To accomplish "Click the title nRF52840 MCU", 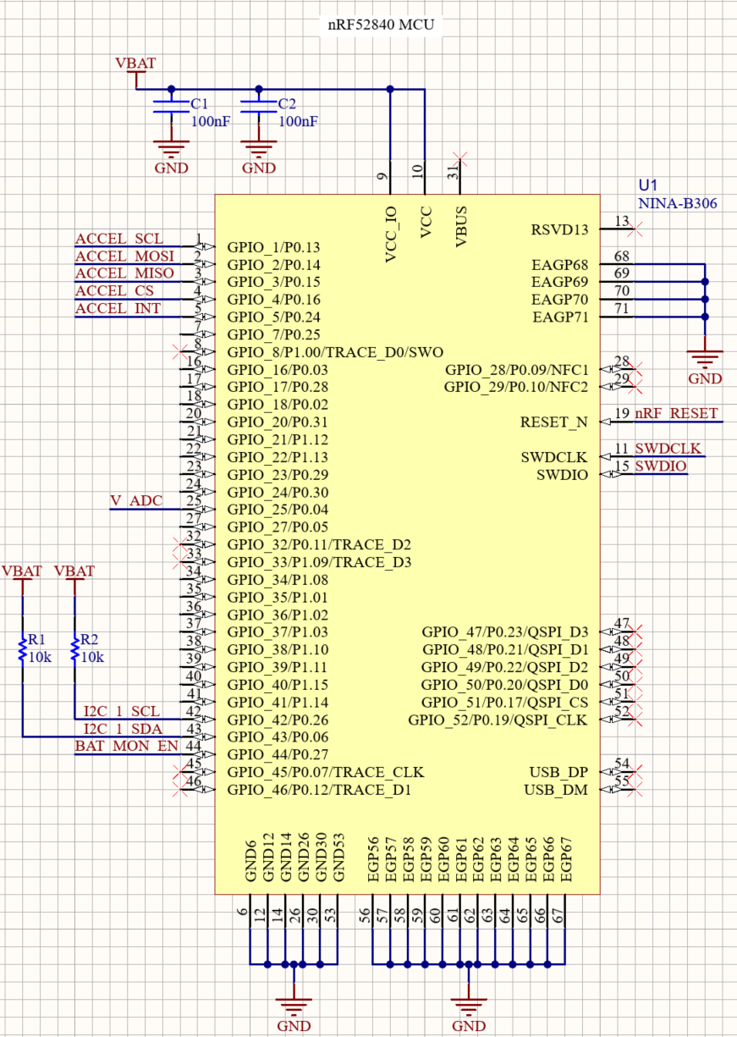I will point(381,25).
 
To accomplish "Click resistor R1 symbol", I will point(22,649).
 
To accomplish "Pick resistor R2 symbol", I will point(74,649).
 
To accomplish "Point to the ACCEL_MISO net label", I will point(124,273).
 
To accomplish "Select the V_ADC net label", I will point(135,501).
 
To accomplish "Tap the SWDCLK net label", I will point(668,449).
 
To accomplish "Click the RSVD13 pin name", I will point(559,229).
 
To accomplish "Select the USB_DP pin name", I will point(558,772).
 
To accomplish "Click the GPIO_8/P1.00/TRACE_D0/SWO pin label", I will point(335,352).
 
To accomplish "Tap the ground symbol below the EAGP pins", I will point(705,359).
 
